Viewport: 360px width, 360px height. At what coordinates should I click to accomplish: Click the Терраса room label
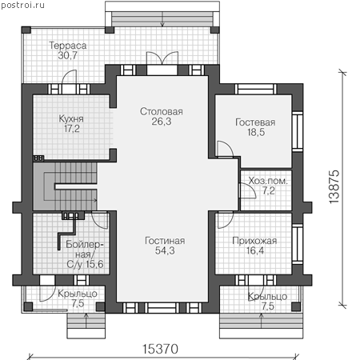(68, 46)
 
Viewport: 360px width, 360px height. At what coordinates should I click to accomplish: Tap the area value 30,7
(68, 55)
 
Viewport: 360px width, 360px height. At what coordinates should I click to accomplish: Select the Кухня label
(71, 118)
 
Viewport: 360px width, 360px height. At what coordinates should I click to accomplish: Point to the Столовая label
(162, 111)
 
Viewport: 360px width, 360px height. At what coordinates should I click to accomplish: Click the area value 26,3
(162, 122)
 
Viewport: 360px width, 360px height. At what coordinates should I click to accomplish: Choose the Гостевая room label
(255, 122)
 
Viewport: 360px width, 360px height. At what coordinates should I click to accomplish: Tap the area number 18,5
(256, 132)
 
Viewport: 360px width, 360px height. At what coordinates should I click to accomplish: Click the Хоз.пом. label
(268, 181)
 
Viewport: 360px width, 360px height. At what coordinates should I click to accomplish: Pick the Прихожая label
(254, 241)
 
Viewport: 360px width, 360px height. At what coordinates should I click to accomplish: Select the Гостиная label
(165, 241)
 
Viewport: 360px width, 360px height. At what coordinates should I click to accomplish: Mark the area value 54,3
(165, 250)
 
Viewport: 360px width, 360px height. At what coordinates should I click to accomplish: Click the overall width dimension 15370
(160, 349)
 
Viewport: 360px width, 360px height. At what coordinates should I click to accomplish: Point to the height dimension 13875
(334, 187)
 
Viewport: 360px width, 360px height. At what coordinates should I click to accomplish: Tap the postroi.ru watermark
(22, 6)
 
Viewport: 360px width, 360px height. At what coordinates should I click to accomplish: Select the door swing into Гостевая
(226, 149)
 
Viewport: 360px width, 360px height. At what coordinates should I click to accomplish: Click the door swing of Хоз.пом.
(248, 190)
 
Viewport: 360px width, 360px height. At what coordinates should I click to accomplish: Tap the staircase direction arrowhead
(95, 200)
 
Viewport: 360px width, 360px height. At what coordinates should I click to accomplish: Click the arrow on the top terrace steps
(162, 19)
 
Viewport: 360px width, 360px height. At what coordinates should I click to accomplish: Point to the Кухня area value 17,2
(72, 129)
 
